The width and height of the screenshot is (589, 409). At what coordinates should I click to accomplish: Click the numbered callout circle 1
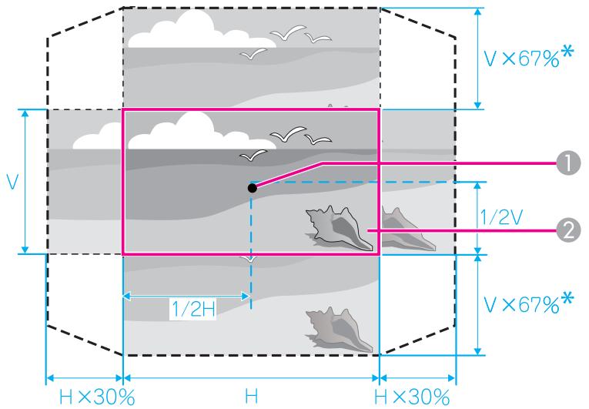click(x=568, y=163)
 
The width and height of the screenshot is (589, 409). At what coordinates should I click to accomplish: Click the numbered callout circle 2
click(x=569, y=230)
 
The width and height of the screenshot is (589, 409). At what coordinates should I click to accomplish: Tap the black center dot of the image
click(x=253, y=188)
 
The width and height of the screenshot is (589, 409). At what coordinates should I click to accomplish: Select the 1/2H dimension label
click(x=193, y=310)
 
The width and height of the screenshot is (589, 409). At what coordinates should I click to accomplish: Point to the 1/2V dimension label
click(x=502, y=217)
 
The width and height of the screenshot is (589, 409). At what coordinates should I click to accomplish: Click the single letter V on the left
click(x=13, y=182)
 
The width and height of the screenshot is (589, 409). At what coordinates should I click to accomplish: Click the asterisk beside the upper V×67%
click(x=567, y=51)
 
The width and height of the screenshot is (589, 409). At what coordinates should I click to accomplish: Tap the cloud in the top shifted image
click(x=202, y=30)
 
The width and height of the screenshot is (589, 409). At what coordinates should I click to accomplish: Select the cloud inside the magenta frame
click(x=202, y=132)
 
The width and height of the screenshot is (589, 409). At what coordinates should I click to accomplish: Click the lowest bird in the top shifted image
click(x=253, y=54)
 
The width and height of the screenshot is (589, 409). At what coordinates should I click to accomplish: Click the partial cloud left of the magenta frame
click(x=97, y=136)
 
